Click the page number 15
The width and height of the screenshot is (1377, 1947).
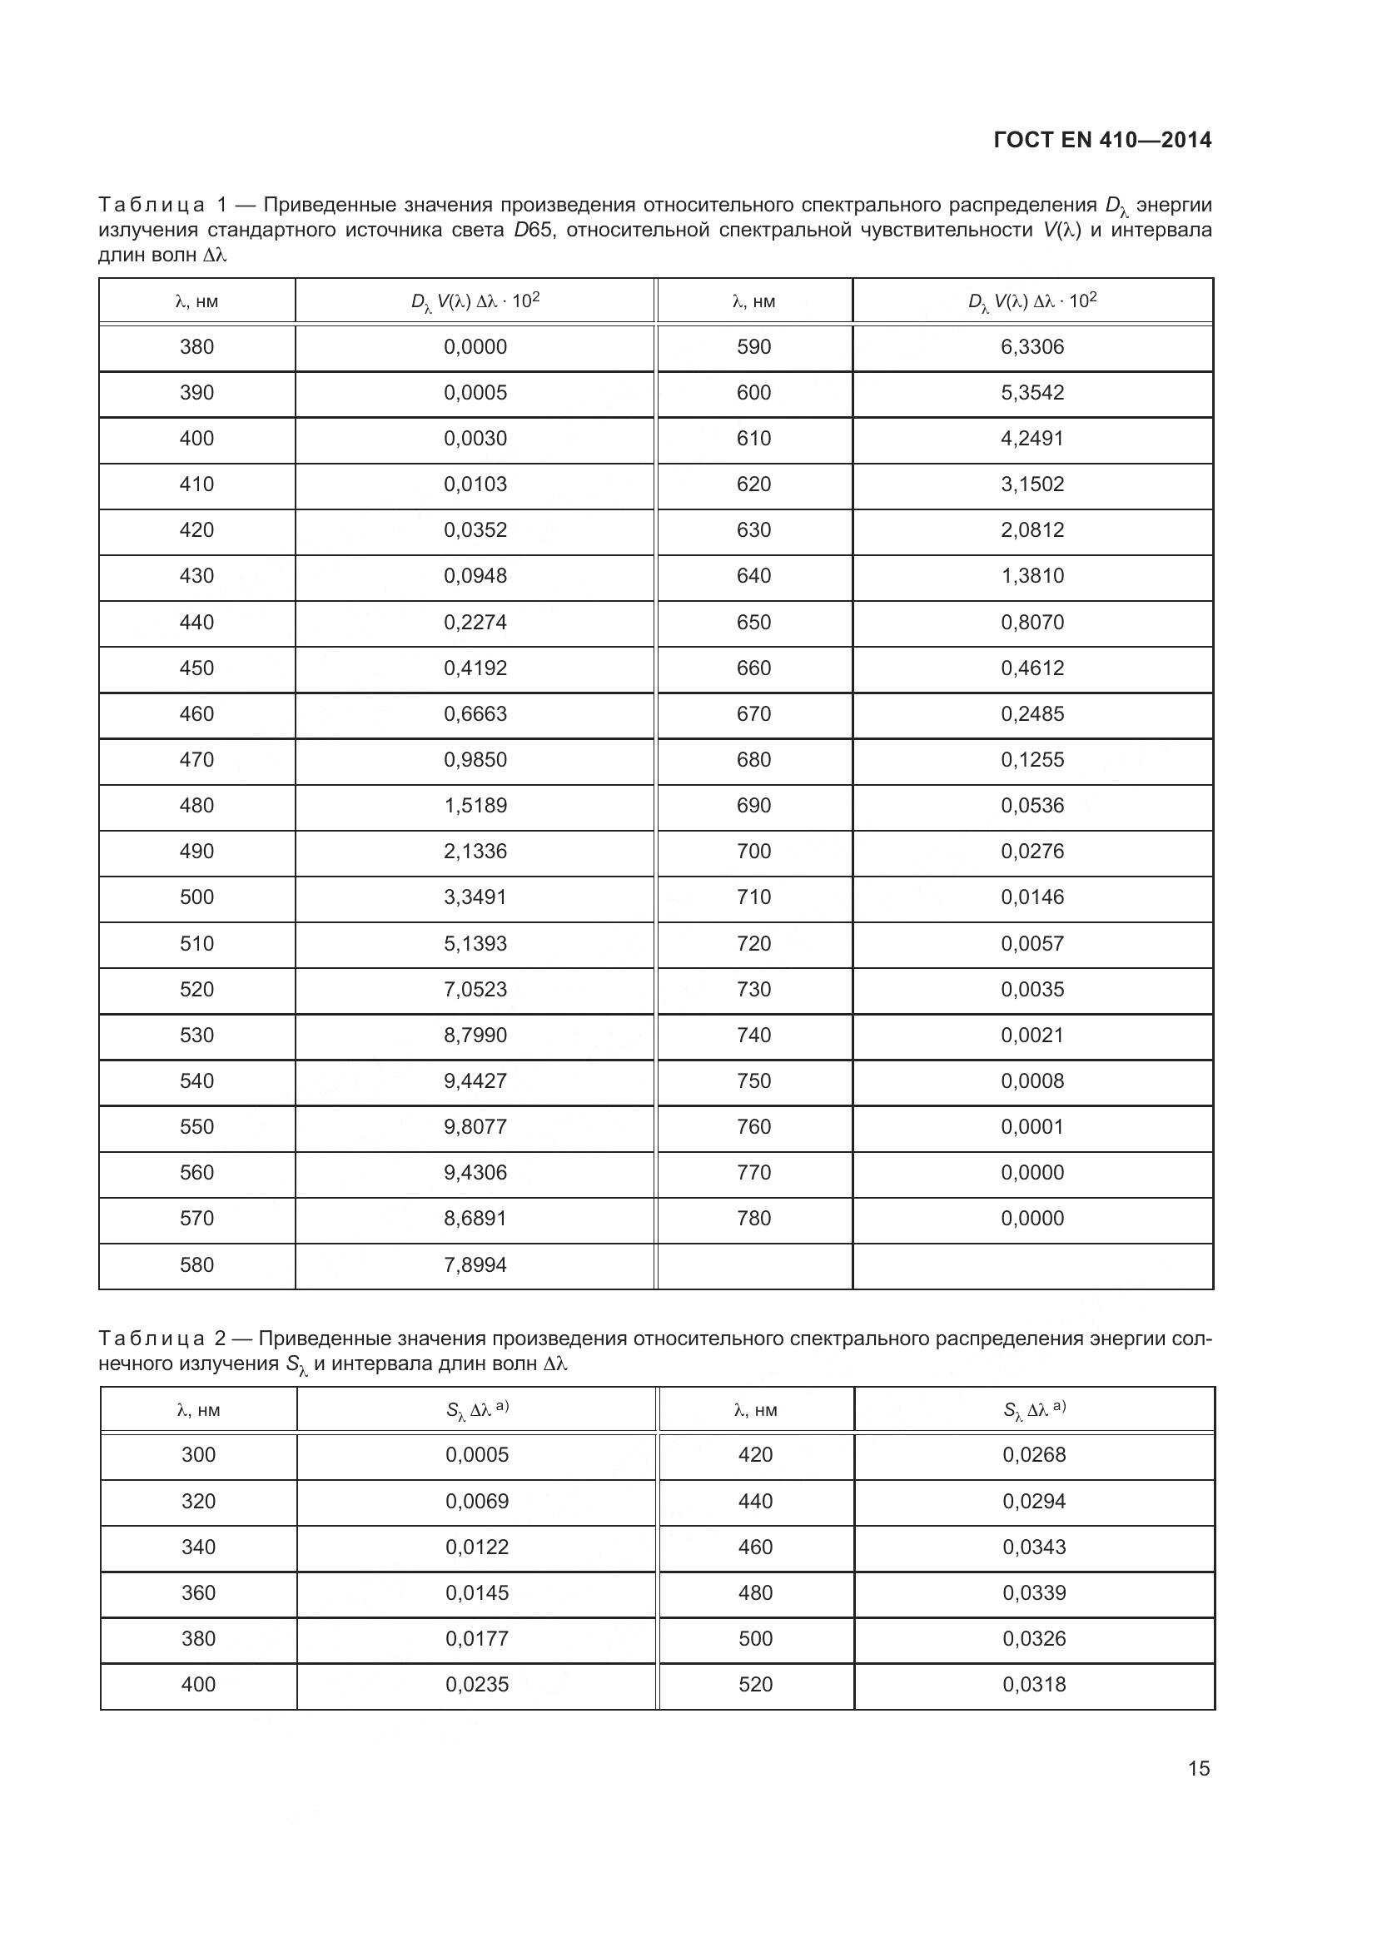coord(1198,1768)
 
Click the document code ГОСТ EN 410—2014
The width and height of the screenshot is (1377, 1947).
coord(1102,141)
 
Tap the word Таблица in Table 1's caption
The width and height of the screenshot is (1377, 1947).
coord(152,206)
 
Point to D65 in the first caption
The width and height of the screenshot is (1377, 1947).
coord(533,231)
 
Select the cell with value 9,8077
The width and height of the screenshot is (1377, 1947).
coord(475,1126)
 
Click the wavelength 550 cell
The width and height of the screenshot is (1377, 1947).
coord(196,1126)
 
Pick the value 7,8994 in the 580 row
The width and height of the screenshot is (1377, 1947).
coord(475,1264)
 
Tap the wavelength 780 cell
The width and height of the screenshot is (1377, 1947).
coord(753,1218)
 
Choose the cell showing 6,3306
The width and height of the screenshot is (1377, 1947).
coord(1032,347)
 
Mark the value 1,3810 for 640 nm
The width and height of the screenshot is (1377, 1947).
coord(1032,576)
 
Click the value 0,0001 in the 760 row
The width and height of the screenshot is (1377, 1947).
coord(1032,1126)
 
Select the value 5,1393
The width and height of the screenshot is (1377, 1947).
coord(475,943)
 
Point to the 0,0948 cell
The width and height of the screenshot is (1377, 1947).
coord(475,576)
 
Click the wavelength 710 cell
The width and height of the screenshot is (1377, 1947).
coord(753,897)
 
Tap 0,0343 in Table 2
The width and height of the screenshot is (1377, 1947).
coord(1034,1547)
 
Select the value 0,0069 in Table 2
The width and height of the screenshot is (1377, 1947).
coord(476,1501)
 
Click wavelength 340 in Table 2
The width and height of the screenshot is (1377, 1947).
coord(198,1547)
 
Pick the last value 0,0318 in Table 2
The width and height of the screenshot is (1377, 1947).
coord(1034,1684)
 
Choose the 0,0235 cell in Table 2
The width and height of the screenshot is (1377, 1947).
coord(476,1684)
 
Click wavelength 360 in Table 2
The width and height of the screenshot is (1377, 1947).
coord(198,1592)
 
